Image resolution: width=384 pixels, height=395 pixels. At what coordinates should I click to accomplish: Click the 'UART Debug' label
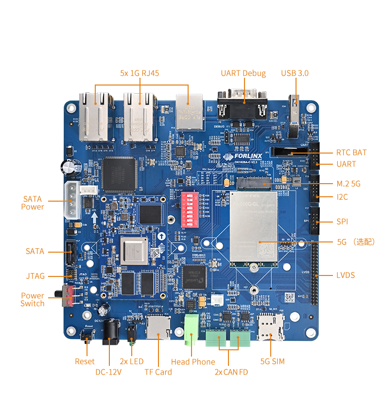[243, 73]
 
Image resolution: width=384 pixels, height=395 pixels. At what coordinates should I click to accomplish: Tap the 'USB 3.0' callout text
[295, 73]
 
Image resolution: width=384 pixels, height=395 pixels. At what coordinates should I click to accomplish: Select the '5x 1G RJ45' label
[140, 73]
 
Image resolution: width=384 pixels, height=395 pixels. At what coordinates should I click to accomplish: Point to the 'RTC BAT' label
[351, 153]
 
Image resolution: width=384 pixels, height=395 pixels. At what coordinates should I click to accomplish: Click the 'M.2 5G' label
[349, 184]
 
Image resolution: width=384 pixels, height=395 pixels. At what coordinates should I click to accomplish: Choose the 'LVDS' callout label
[346, 275]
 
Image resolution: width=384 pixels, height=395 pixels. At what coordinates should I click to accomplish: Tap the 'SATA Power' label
[33, 203]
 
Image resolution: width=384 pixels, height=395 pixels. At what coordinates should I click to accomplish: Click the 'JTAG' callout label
[35, 276]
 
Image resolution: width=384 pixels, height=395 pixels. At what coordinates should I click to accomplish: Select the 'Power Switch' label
[33, 300]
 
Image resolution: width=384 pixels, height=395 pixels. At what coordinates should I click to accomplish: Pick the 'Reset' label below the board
[85, 361]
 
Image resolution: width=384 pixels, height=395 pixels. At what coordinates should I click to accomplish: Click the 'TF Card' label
[158, 372]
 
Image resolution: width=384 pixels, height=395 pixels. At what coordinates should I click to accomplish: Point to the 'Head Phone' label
[193, 362]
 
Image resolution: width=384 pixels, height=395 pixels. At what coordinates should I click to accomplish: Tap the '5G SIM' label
[272, 361]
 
